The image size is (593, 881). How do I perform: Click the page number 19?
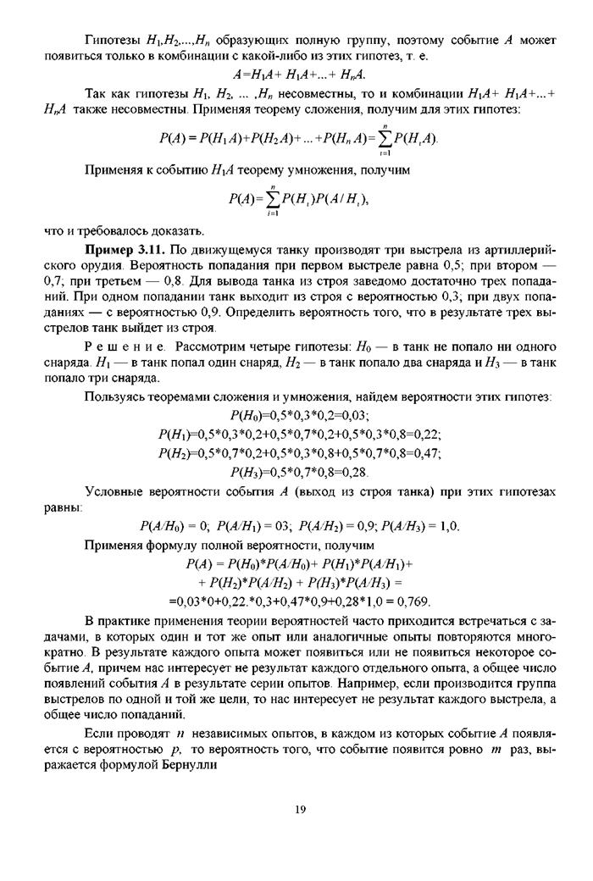(299, 809)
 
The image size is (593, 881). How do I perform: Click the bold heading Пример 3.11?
(125, 251)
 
